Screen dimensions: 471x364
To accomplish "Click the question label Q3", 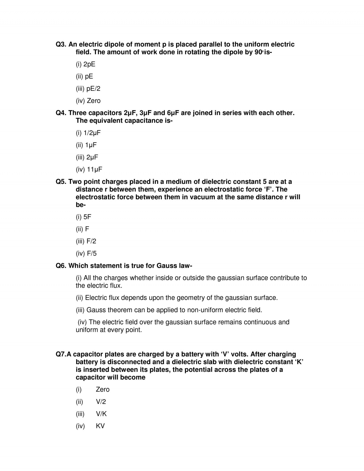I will pos(61,45).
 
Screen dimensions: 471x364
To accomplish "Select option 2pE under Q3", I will pos(89,64).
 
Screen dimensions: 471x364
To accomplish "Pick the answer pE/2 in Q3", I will pos(93,89).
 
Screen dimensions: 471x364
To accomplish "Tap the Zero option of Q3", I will pos(93,101).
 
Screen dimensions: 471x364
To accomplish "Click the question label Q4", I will pos(61,113).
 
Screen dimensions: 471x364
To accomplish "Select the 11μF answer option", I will pos(94,169).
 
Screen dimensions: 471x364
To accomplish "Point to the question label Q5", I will pos(61,182).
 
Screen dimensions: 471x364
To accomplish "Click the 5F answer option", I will pos(87,217).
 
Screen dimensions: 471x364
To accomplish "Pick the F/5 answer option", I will pos(91,253).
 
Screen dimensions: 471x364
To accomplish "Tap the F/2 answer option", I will pos(91,241).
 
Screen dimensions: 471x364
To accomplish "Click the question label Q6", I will pos(61,266).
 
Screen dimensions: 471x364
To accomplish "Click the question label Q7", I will pos(61,354).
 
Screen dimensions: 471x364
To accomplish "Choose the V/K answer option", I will pos(101,414).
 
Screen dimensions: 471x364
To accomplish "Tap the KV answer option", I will pos(100,426).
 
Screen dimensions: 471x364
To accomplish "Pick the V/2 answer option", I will pos(101,402).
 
